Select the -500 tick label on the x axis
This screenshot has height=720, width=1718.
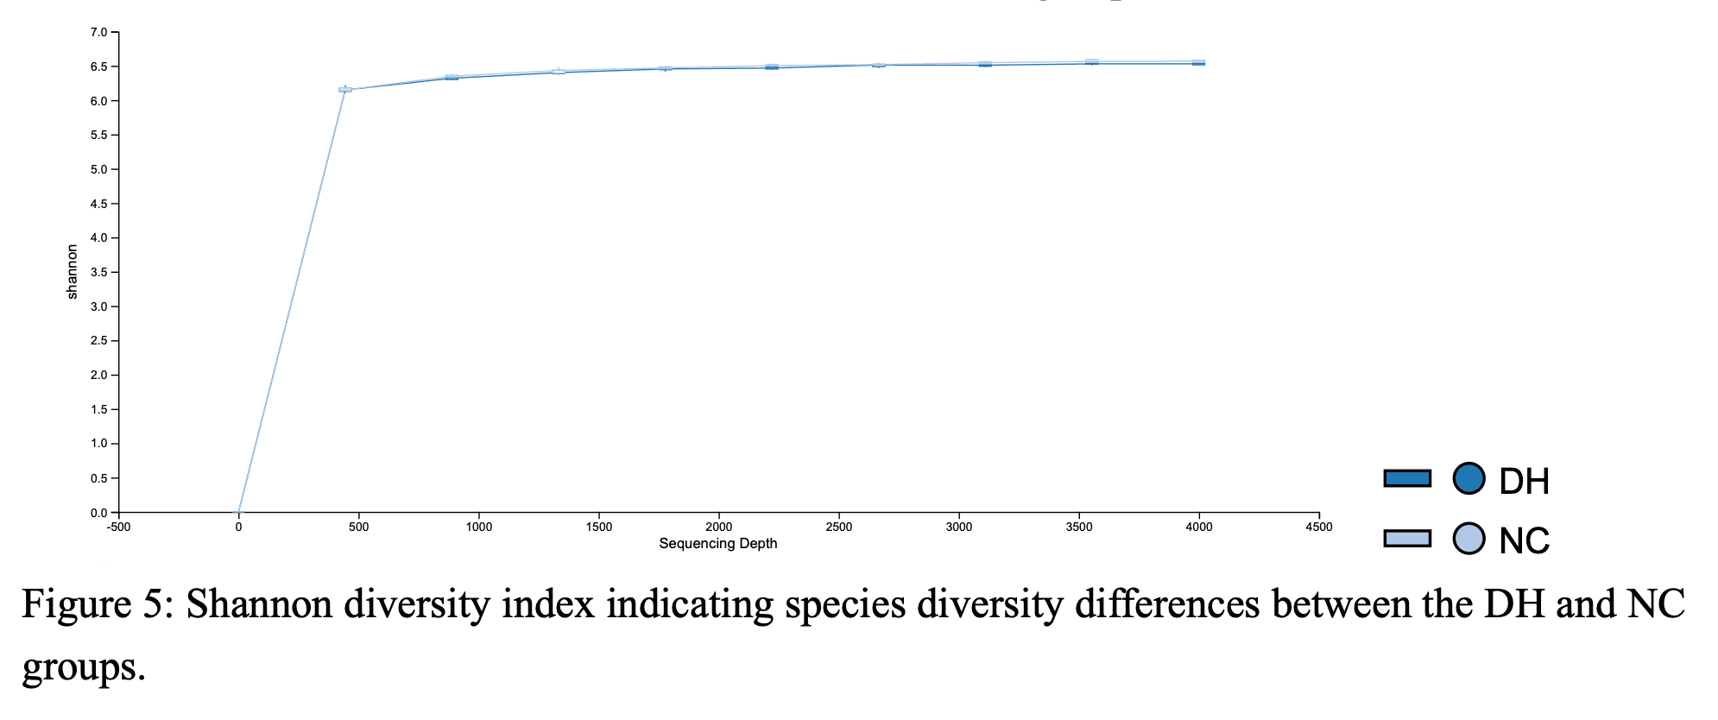pos(118,527)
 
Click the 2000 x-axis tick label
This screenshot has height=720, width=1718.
pos(718,527)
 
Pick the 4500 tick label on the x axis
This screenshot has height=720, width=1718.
pos(1318,527)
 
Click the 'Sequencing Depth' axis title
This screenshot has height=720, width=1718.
pos(717,544)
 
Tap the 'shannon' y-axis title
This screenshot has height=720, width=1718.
pos(73,272)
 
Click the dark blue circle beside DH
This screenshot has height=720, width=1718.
pos(1469,478)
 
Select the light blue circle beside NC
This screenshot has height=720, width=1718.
pos(1469,539)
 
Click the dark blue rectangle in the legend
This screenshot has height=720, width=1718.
pos(1407,478)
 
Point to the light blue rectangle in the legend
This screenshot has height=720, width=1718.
pos(1407,539)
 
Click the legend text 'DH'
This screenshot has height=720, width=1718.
pos(1524,482)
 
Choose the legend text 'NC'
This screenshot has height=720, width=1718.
pos(1524,542)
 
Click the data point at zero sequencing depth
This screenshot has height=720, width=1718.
pos(239,512)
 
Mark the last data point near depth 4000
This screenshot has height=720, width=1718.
pos(1198,63)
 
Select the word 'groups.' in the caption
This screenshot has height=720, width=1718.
pos(83,666)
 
